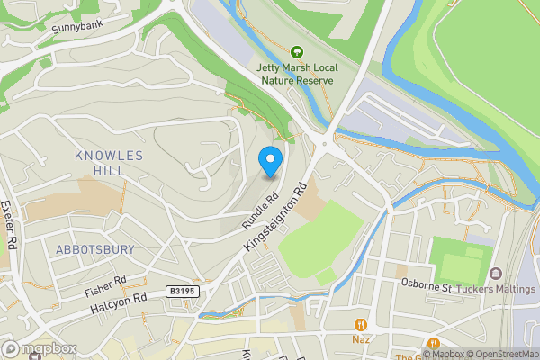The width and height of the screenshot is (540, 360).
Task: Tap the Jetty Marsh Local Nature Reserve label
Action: click(x=296, y=73)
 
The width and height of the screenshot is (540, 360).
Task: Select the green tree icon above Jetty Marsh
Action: click(x=296, y=52)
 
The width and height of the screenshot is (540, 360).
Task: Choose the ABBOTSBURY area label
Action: click(x=94, y=249)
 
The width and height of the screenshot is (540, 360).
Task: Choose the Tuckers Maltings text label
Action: click(x=496, y=288)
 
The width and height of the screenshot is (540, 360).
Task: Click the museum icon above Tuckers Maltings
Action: click(x=495, y=273)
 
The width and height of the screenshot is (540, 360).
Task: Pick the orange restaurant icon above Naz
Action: click(x=362, y=325)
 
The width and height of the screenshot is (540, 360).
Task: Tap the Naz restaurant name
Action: click(x=362, y=342)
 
